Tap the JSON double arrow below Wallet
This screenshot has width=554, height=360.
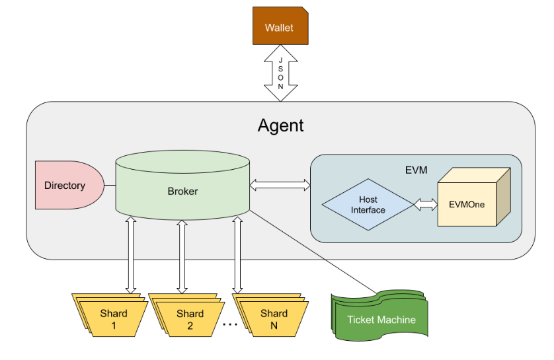pyautogui.click(x=280, y=73)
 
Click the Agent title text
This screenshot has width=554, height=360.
pyautogui.click(x=280, y=125)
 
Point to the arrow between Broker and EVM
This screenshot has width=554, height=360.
pyautogui.click(x=280, y=185)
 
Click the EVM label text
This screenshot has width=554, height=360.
pyautogui.click(x=416, y=170)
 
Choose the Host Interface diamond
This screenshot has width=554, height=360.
pyautogui.click(x=368, y=204)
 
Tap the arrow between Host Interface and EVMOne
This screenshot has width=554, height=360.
pyautogui.click(x=426, y=204)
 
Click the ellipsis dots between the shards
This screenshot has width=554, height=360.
pyautogui.click(x=229, y=324)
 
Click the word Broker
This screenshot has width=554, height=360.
pyautogui.click(x=183, y=192)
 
